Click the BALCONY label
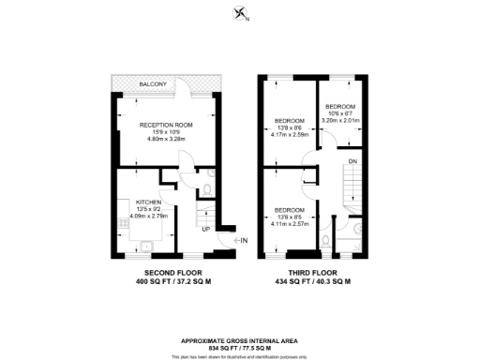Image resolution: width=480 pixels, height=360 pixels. coord(153,84)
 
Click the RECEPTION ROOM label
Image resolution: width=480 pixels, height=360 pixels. coord(166,125)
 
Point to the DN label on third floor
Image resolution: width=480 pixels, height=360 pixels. coord(352,162)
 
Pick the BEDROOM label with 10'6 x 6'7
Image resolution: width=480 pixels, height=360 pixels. coord(340,107)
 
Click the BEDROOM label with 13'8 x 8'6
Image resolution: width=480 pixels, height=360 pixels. coord(290,121)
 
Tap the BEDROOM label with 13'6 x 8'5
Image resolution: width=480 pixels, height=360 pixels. coord(289,210)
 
